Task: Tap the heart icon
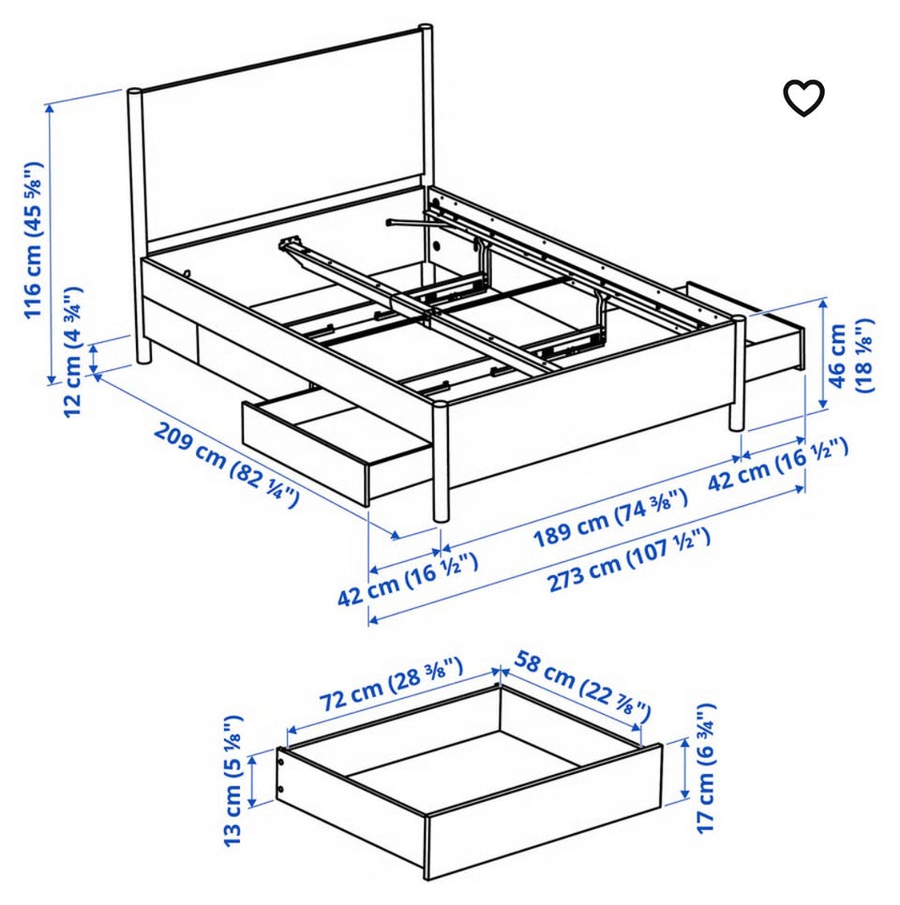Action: [803, 98]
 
